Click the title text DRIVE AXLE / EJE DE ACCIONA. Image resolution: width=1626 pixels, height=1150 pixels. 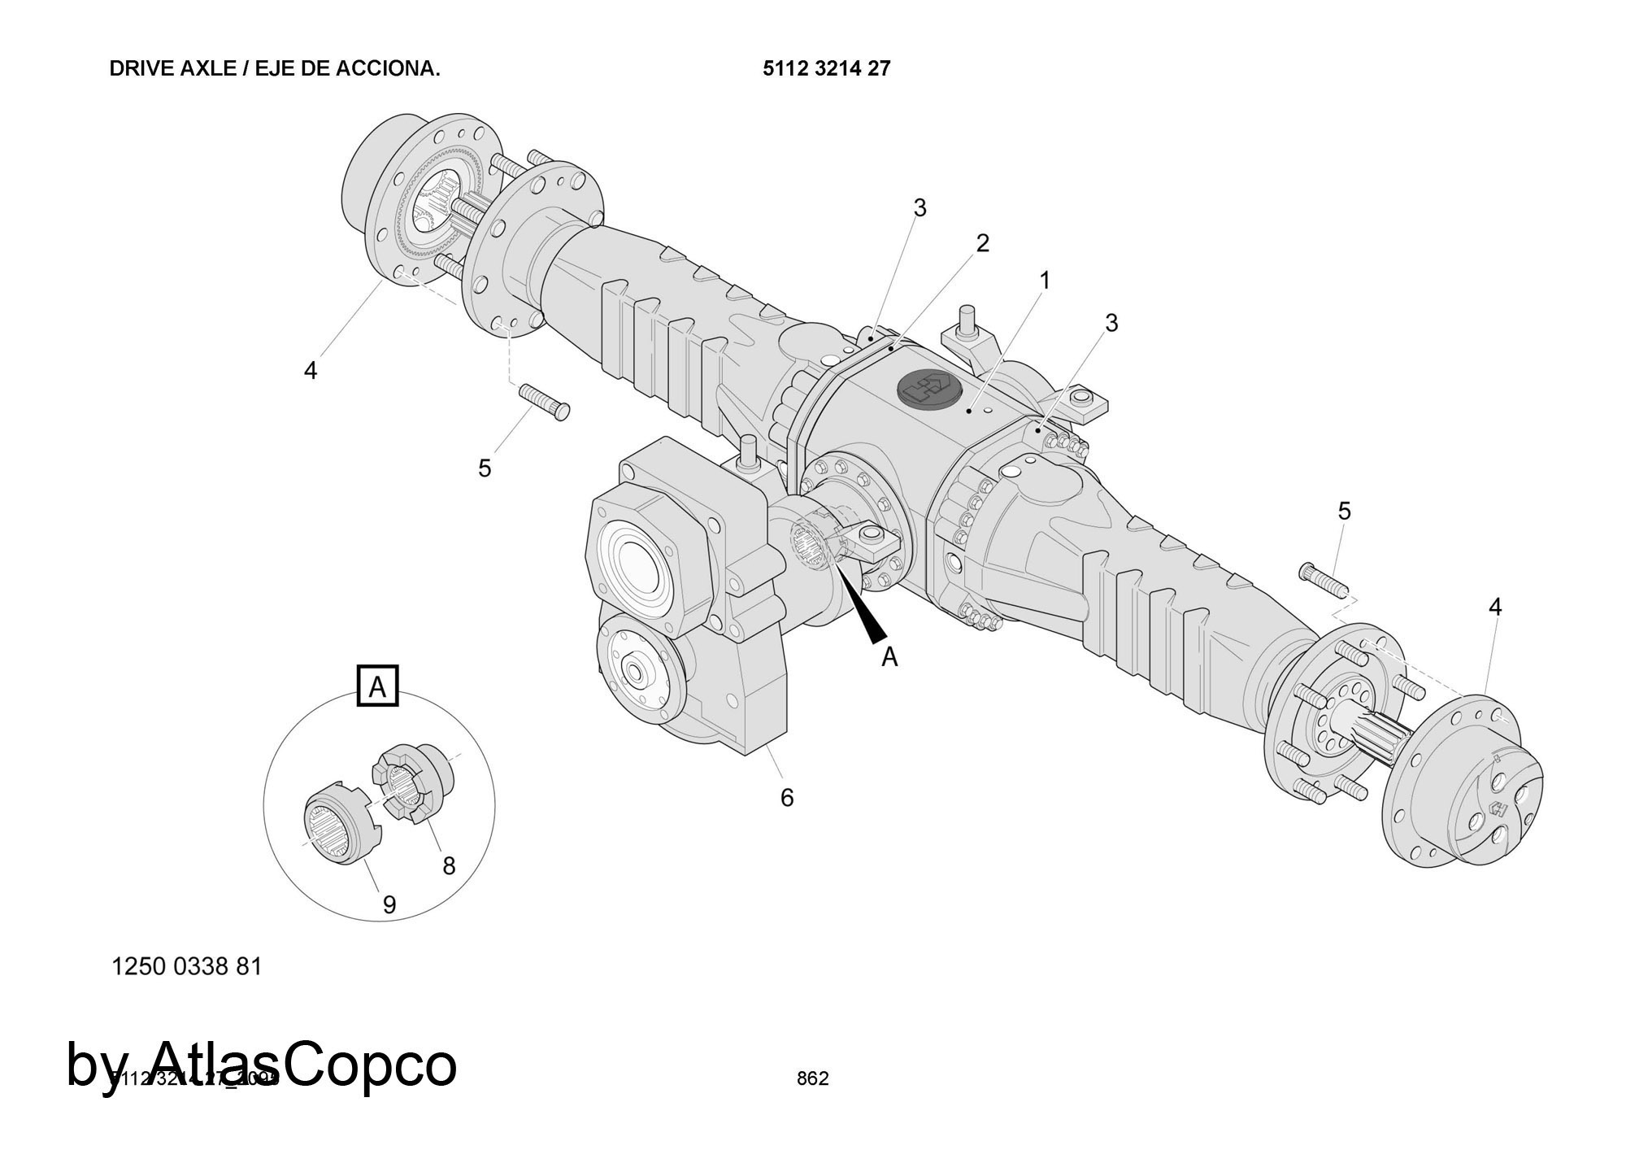click(275, 69)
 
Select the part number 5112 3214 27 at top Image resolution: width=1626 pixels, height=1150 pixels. click(826, 69)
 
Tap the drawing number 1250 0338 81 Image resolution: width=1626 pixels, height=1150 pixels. click(186, 966)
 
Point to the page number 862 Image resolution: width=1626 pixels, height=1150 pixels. click(812, 1078)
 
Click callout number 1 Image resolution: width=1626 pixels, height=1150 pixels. click(1045, 281)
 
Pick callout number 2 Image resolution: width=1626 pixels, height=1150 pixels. click(982, 243)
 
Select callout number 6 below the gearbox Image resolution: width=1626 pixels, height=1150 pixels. click(786, 798)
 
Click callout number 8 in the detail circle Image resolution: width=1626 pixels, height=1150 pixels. click(449, 866)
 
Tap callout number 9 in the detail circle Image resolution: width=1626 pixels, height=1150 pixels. click(389, 904)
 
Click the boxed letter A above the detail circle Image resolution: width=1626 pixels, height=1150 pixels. click(378, 687)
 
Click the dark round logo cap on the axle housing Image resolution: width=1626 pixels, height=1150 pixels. click(928, 389)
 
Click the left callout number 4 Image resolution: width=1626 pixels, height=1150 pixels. click(311, 371)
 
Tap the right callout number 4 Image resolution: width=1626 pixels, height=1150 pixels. click(1495, 607)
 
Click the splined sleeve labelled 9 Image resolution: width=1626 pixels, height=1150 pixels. click(337, 823)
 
